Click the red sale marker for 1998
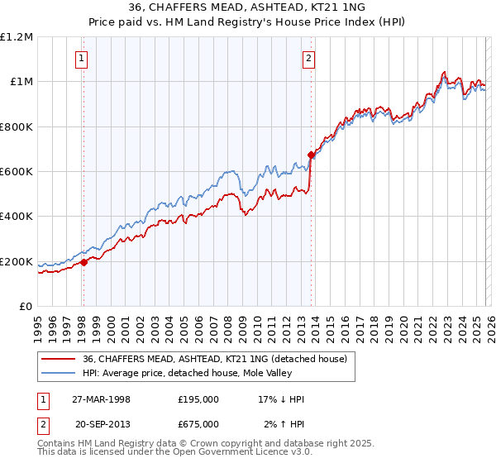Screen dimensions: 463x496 83,263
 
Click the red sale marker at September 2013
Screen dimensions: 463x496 311,155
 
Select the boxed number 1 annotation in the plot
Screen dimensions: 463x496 83,58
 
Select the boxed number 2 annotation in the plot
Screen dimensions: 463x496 308,58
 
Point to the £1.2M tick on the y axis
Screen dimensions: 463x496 17,37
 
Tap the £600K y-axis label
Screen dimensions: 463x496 17,172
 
